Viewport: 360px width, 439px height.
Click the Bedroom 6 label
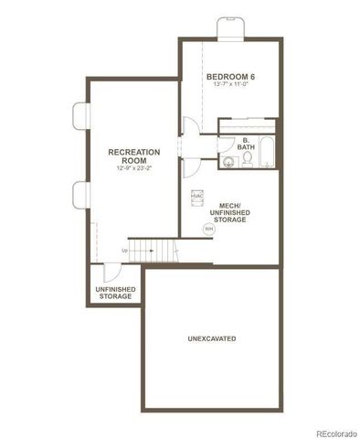230,76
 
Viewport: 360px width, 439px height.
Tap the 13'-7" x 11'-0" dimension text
230,85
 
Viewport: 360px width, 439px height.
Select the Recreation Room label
133,155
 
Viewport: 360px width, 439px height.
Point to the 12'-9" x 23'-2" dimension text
133,168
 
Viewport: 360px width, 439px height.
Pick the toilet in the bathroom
247,161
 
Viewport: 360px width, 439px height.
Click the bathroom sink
226,163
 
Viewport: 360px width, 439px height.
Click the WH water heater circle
208,229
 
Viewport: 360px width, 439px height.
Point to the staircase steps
151,247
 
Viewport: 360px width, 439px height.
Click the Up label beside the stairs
123,249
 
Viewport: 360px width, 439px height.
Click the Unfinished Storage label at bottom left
116,293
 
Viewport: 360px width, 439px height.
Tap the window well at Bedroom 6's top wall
228,28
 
